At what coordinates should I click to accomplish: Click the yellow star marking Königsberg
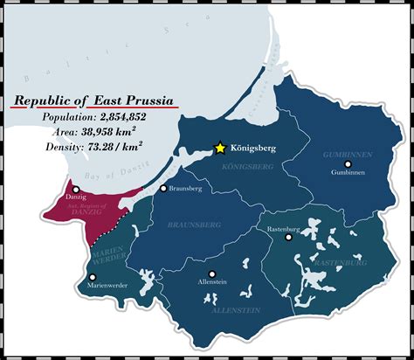tap(221, 148)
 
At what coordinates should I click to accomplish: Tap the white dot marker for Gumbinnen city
tap(348, 163)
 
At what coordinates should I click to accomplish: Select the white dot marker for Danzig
tap(77, 189)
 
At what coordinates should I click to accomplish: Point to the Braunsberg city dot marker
tap(162, 188)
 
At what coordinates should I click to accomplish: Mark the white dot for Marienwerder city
tap(93, 276)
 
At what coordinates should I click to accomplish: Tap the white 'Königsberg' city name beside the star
tap(253, 149)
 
